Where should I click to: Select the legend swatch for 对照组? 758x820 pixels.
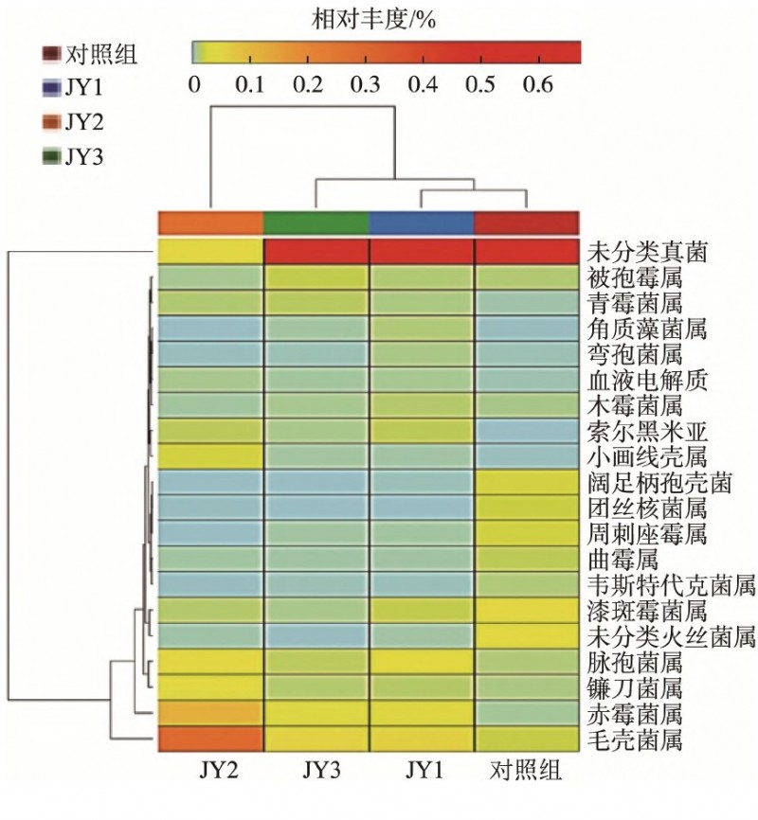[x=52, y=53]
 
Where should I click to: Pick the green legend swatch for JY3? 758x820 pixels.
[x=52, y=155]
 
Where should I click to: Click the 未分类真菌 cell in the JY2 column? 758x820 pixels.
[x=210, y=252]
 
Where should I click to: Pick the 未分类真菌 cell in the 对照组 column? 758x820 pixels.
[x=526, y=252]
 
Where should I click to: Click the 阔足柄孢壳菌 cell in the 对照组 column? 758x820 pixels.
[x=526, y=482]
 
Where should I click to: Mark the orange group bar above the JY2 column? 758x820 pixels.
[x=210, y=223]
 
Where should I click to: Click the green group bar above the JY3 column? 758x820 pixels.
[x=316, y=223]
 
